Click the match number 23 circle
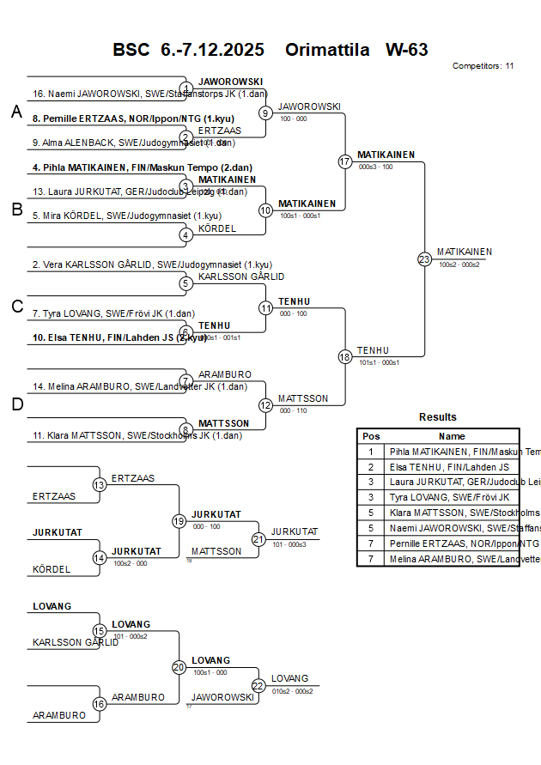point(424,258)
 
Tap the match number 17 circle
point(345,161)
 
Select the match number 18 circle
point(345,356)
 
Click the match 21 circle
point(258,538)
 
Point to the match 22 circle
point(258,685)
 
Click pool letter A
point(16,112)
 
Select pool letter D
point(16,404)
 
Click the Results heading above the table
point(438,417)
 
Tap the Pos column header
point(371,436)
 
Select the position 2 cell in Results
point(371,467)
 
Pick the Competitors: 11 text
point(483,65)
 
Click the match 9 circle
point(265,112)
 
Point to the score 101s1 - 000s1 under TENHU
point(378,362)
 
